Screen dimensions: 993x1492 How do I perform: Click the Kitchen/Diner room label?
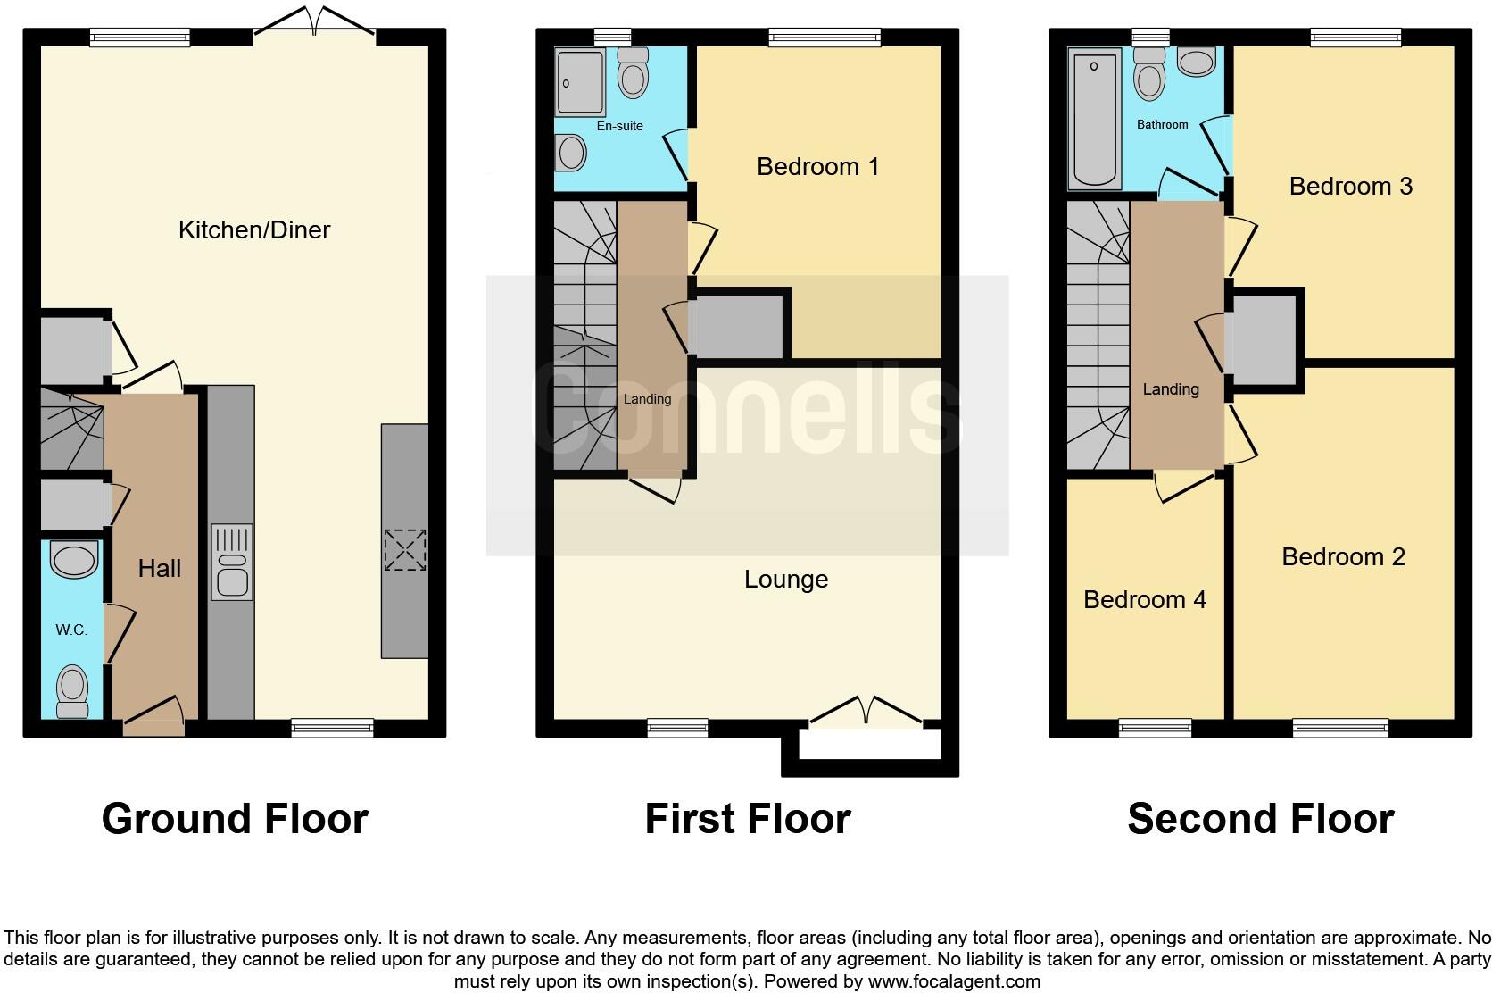[x=254, y=230]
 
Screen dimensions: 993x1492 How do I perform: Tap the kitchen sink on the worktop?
[x=231, y=563]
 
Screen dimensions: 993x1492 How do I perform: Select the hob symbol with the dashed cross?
[x=404, y=549]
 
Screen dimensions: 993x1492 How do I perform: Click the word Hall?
[x=159, y=569]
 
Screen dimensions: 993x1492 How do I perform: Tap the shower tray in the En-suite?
[x=580, y=82]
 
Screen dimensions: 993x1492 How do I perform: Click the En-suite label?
[x=619, y=126]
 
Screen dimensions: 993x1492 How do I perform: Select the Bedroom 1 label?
[x=817, y=167]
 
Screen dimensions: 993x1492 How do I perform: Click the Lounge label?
[x=786, y=580]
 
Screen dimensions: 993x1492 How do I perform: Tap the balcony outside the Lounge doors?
[x=870, y=745]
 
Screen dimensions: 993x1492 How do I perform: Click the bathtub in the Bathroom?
[x=1095, y=120]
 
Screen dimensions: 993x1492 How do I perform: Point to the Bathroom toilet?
[x=1149, y=75]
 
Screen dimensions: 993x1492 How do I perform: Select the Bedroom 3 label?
[x=1350, y=187]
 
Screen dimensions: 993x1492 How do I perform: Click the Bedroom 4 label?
[x=1144, y=600]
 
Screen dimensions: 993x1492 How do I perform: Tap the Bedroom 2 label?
[x=1343, y=557]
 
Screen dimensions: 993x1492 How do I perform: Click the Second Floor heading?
[x=1260, y=819]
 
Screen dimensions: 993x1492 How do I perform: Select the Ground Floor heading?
[x=235, y=819]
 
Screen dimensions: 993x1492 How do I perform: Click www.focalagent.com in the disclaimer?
[x=954, y=981]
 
